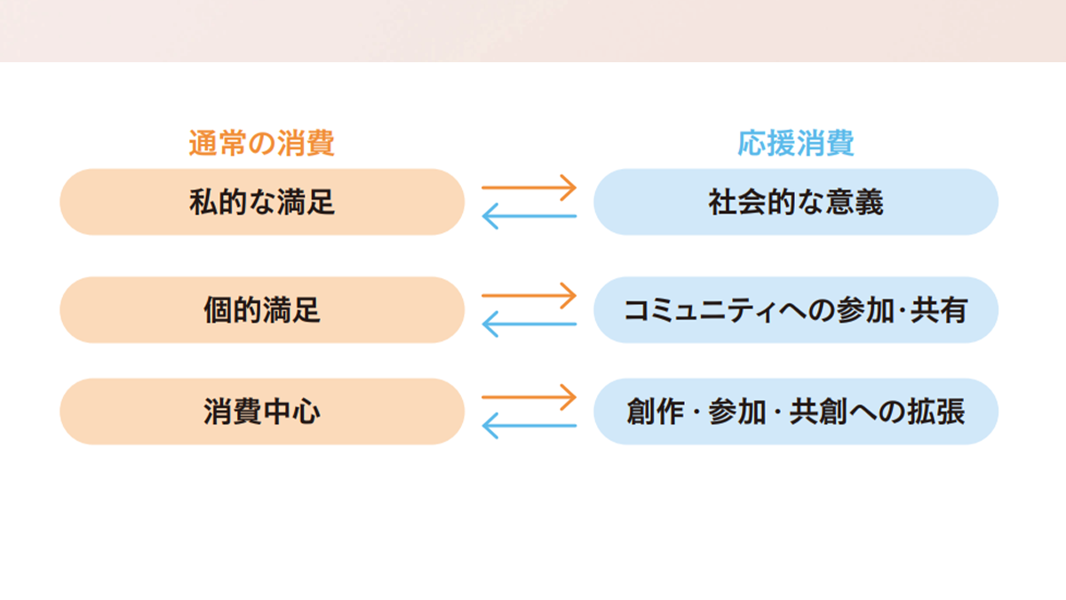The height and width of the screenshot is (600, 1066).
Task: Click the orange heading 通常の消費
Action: pos(261,143)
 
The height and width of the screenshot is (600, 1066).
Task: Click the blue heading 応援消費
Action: pos(795,143)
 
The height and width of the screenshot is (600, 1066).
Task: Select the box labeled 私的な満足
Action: pos(262,202)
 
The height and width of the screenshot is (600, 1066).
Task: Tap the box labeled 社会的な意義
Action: pos(796,202)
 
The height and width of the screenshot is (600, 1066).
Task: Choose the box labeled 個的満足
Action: pos(262,310)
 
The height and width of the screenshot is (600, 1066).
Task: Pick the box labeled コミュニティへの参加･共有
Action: pos(796,310)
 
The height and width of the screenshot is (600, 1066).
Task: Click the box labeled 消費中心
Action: pos(262,412)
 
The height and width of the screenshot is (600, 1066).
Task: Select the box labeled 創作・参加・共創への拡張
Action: pos(796,412)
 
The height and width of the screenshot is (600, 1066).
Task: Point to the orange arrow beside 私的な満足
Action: pos(529,188)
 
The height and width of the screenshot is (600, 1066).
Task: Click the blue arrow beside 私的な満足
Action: pos(529,216)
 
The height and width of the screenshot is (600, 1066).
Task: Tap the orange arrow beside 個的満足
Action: pos(529,295)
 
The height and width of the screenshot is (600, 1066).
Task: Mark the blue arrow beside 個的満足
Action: pos(529,324)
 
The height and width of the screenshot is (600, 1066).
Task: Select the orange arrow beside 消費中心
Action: pos(529,396)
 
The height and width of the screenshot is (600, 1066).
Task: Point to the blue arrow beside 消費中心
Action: pos(529,426)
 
